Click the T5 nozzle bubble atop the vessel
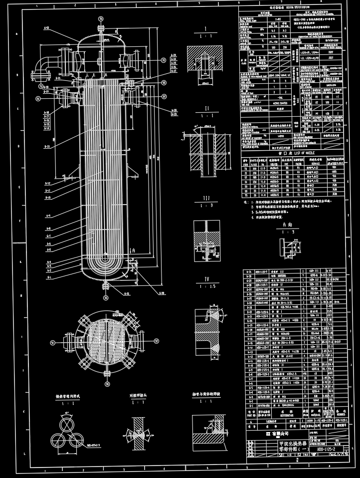pos(101,19)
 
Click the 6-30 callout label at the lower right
pos(163,292)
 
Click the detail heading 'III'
pos(205,198)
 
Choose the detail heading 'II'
pos(206,116)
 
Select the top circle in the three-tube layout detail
pos(67,425)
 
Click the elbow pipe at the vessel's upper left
pos(43,67)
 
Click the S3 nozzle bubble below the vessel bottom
pos(105,297)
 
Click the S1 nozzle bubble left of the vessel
pos(38,98)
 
